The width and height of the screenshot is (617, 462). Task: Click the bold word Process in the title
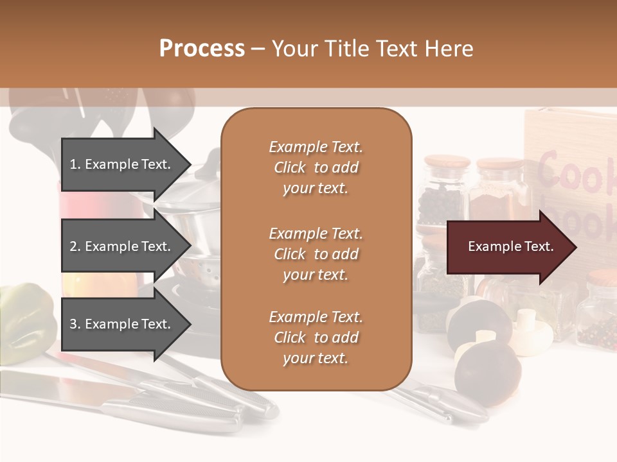[x=202, y=49]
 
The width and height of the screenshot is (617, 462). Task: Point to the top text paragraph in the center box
[x=316, y=167]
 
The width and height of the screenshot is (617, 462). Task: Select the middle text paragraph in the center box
[x=316, y=254]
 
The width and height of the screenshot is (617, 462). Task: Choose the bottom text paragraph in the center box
[x=316, y=338]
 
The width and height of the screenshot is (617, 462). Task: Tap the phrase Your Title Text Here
[x=372, y=49]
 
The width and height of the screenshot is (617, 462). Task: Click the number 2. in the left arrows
[x=75, y=246]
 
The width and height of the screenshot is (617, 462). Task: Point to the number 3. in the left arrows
[x=75, y=324]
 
